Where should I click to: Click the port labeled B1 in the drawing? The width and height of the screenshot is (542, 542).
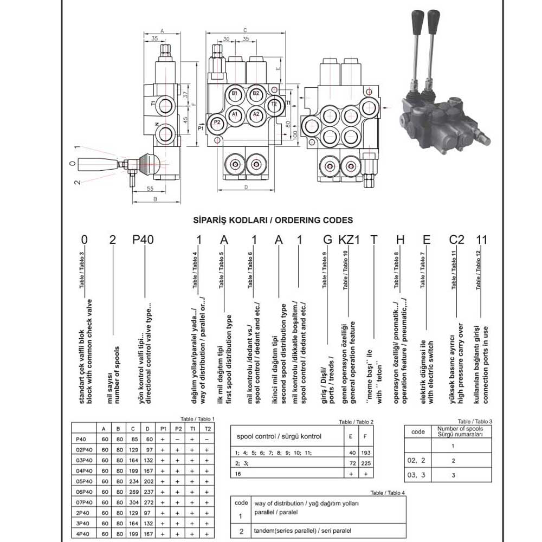[x=235, y=94]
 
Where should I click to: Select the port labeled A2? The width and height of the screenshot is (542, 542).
[x=256, y=114]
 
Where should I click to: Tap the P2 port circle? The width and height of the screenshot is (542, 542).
[x=217, y=122]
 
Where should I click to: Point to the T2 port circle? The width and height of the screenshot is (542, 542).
[x=274, y=104]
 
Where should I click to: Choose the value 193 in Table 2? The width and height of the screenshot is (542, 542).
[x=367, y=453]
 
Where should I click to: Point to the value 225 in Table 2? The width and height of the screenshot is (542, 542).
[x=367, y=463]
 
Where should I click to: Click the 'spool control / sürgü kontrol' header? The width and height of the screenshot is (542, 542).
[x=279, y=436]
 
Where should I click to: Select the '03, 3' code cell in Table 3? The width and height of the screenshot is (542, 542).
[x=418, y=475]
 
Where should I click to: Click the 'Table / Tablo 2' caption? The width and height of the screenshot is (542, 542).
[x=356, y=422]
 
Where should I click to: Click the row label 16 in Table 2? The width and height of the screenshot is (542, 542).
[x=236, y=474]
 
